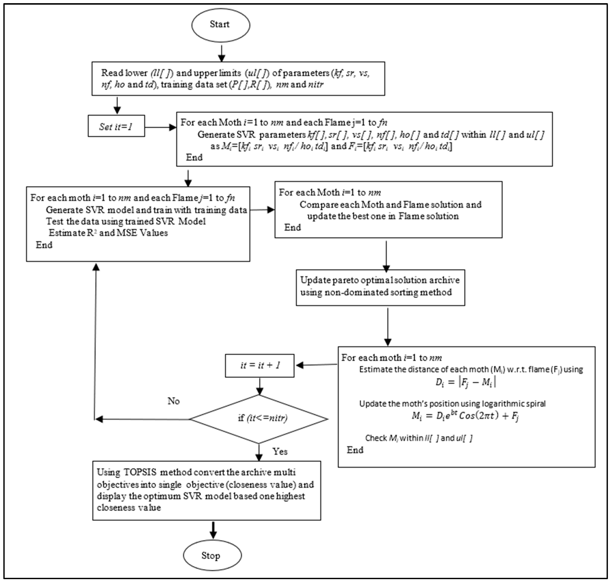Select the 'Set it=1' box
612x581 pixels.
pos(116,126)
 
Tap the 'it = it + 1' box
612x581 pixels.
pos(260,365)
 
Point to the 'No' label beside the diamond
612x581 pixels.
pos(173,401)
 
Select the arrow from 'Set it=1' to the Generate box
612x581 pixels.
pos(160,127)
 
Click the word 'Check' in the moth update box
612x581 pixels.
pos(376,438)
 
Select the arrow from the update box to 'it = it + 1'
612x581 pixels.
pos(316,365)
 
